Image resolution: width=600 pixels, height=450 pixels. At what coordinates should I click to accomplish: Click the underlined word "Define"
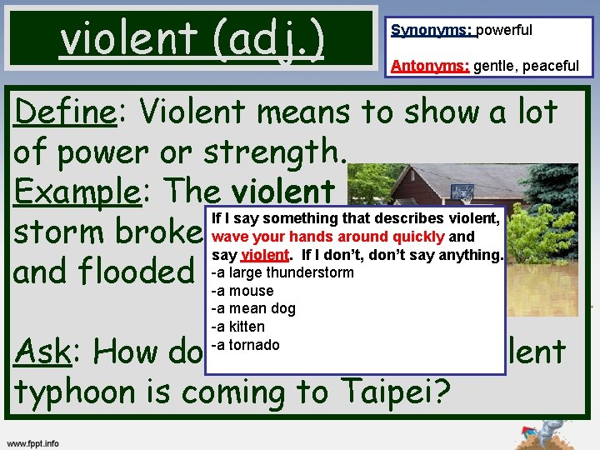point(64,112)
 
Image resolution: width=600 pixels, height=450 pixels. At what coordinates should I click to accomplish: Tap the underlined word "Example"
point(77,192)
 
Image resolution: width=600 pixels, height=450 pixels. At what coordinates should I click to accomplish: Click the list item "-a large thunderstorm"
point(282,272)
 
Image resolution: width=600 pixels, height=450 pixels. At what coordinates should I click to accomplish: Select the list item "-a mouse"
point(242,291)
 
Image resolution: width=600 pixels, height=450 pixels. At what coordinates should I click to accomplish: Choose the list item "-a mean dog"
point(253,309)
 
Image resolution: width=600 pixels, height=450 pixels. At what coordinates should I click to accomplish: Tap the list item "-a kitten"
point(238,327)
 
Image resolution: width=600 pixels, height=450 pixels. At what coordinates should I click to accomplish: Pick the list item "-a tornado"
point(245,345)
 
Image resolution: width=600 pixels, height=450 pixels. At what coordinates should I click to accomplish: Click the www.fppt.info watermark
point(33,442)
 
